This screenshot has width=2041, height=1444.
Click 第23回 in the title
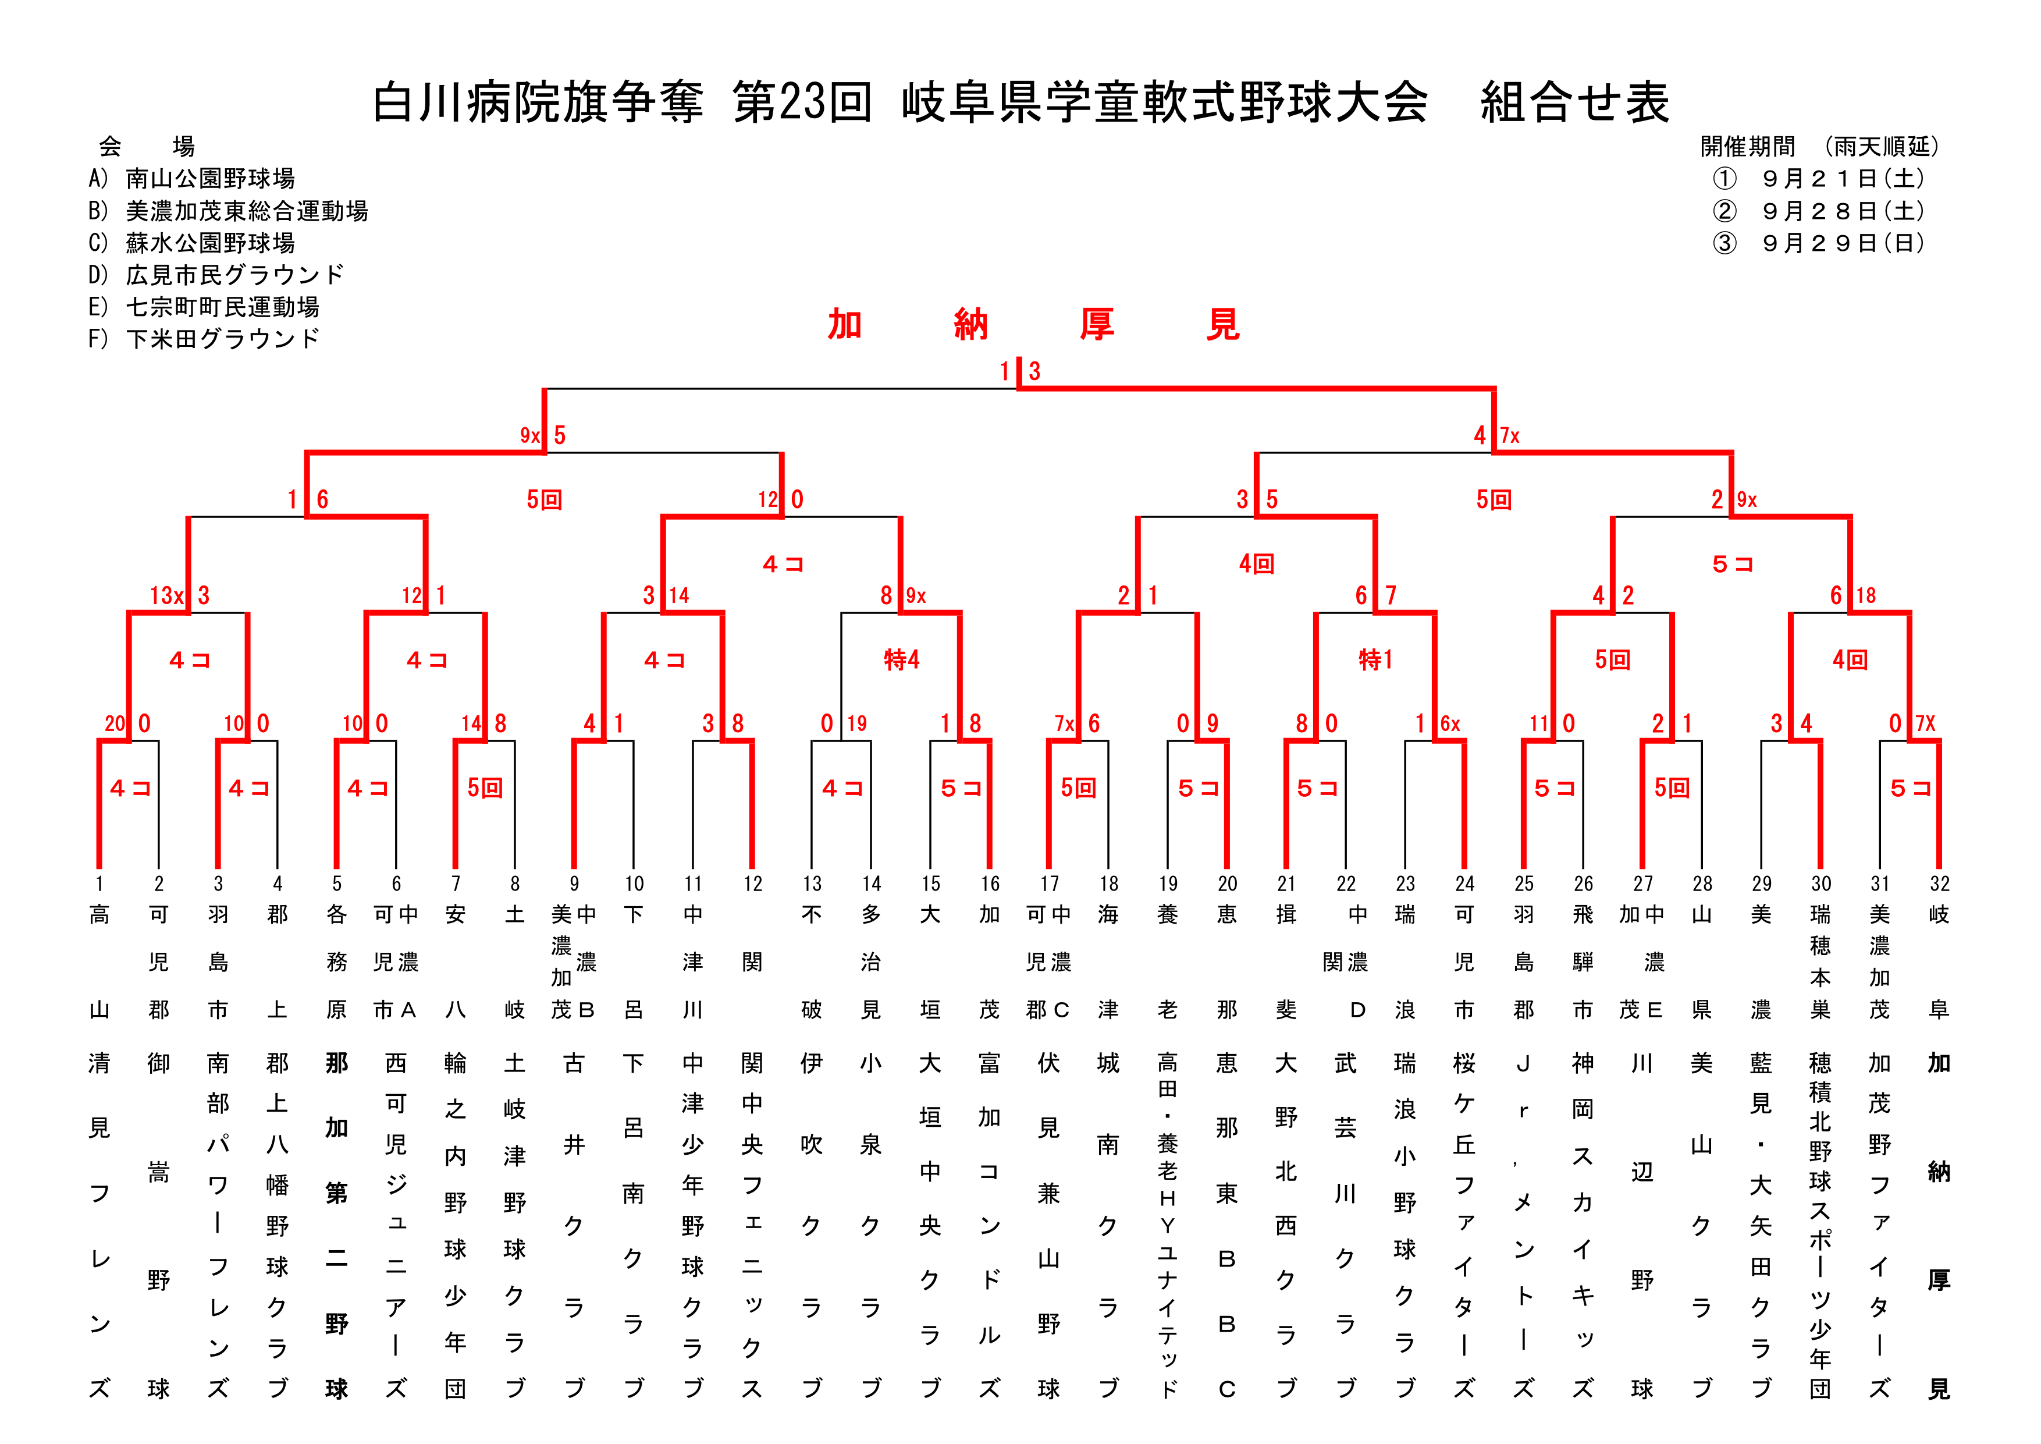[802, 103]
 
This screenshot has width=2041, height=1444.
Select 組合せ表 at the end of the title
[1574, 103]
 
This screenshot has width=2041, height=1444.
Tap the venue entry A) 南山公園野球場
[192, 179]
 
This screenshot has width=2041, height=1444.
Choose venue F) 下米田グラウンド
[204, 339]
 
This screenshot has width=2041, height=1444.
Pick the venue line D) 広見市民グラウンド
[216, 275]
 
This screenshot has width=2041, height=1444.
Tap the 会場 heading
[146, 147]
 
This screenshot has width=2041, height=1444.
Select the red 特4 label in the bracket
[901, 660]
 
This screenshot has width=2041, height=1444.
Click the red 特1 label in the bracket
[1376, 660]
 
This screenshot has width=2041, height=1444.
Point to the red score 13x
[166, 596]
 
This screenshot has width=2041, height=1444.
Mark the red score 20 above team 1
[115, 724]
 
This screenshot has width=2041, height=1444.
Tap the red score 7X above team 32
[1925, 724]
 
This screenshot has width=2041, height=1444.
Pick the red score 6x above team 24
[1450, 724]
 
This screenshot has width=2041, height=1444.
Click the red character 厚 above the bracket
[1097, 325]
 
